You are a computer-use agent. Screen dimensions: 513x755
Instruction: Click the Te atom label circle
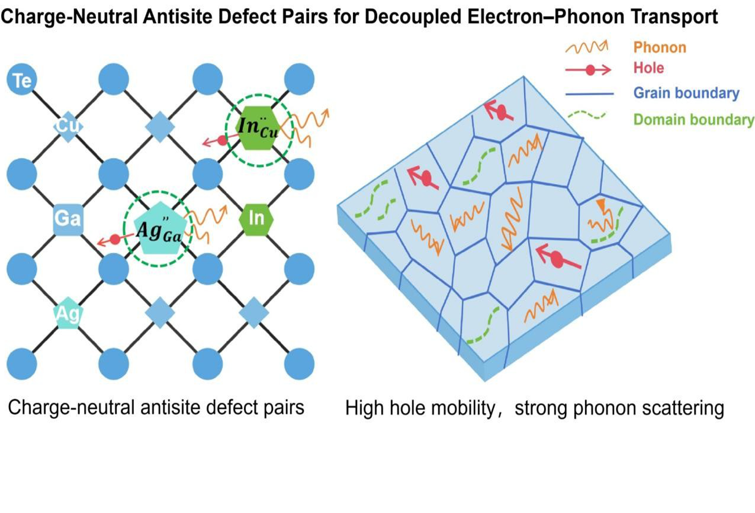[23, 80]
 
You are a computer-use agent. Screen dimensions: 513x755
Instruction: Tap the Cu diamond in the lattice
[67, 127]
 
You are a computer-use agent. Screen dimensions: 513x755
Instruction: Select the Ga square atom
[67, 219]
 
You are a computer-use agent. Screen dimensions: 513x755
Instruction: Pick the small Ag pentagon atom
[67, 314]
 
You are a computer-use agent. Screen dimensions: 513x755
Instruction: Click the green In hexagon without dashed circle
[256, 219]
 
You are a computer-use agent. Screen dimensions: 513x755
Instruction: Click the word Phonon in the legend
[660, 47]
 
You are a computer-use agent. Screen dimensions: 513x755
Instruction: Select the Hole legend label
[648, 68]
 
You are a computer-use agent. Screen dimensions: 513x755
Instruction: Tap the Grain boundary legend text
[686, 93]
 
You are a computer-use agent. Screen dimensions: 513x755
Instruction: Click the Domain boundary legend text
[693, 120]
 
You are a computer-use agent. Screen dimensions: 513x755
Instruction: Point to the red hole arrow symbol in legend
[589, 70]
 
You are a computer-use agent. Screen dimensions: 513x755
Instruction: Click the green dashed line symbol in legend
[587, 116]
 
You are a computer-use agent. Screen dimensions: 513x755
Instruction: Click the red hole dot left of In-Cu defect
[222, 140]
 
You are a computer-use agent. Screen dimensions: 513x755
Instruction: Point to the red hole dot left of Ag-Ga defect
[115, 239]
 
